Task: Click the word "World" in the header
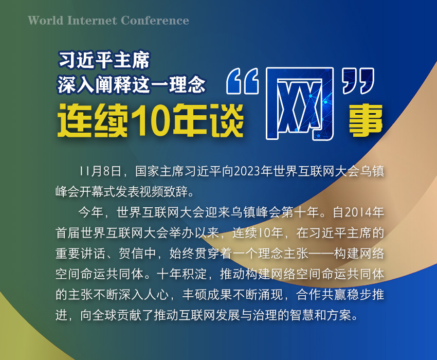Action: (46, 21)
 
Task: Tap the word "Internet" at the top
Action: (92, 21)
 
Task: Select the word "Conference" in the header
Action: (155, 21)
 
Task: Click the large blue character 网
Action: (300, 103)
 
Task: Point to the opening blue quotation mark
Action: (243, 81)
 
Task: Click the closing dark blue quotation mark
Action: (358, 81)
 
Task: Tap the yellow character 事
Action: (366, 120)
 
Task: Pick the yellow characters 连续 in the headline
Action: (93, 120)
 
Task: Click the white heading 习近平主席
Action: (104, 60)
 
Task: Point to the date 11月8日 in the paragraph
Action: (100, 171)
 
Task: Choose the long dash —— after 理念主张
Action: (320, 254)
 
